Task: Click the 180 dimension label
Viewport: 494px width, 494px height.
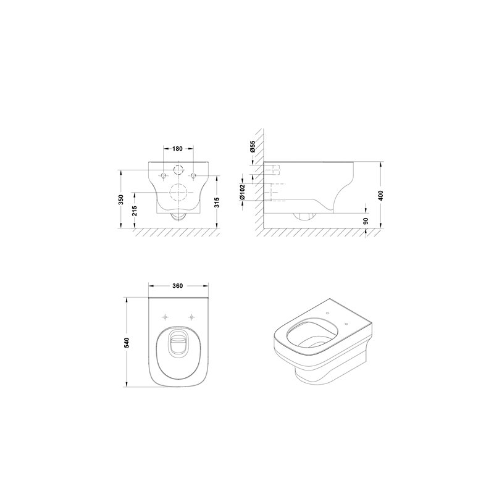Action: (x=177, y=149)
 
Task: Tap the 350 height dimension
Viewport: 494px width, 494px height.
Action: (x=121, y=199)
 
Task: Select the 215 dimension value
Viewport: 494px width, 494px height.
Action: (x=135, y=211)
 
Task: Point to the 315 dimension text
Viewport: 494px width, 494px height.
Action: (x=217, y=203)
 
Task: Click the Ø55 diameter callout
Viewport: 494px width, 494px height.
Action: (x=253, y=146)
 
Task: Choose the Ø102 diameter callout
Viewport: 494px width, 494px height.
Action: (x=242, y=192)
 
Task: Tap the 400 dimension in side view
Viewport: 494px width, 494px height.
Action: (x=380, y=195)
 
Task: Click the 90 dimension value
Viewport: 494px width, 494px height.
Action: (x=366, y=221)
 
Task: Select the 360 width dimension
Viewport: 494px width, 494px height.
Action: (x=177, y=286)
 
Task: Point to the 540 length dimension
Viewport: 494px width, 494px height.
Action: (x=127, y=343)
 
